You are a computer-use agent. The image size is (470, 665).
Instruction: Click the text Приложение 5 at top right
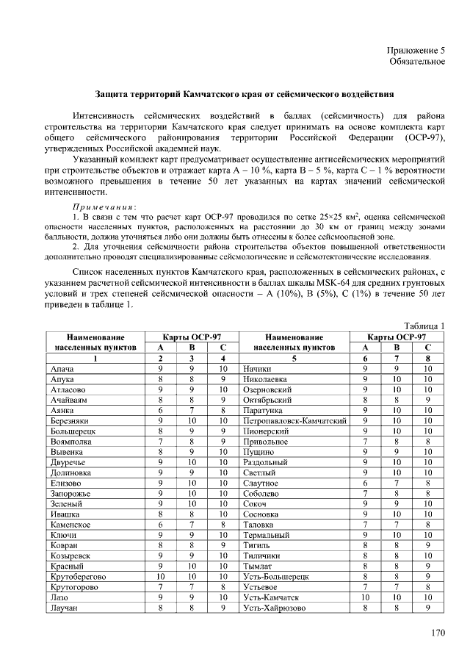(x=416, y=49)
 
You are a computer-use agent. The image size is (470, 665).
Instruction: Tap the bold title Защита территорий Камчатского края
(x=245, y=95)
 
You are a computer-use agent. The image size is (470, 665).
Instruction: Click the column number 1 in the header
(x=95, y=359)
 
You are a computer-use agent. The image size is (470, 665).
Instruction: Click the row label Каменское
(x=71, y=525)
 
